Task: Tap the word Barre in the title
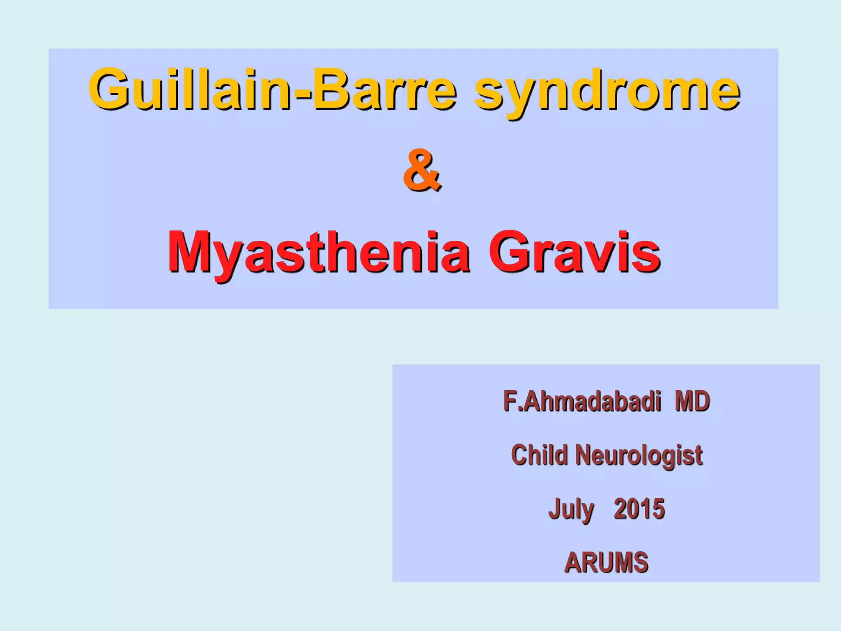pos(384,89)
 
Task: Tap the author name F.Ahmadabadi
pos(582,401)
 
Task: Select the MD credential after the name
pos(692,401)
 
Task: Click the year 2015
pos(639,509)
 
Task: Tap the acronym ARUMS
pos(606,562)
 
